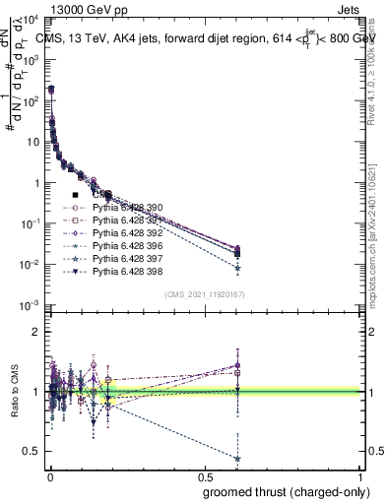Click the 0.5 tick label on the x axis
[204, 476]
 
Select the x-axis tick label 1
[360, 476]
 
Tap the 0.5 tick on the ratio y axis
[31, 451]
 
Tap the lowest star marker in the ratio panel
[237, 458]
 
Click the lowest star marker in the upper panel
[237, 268]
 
